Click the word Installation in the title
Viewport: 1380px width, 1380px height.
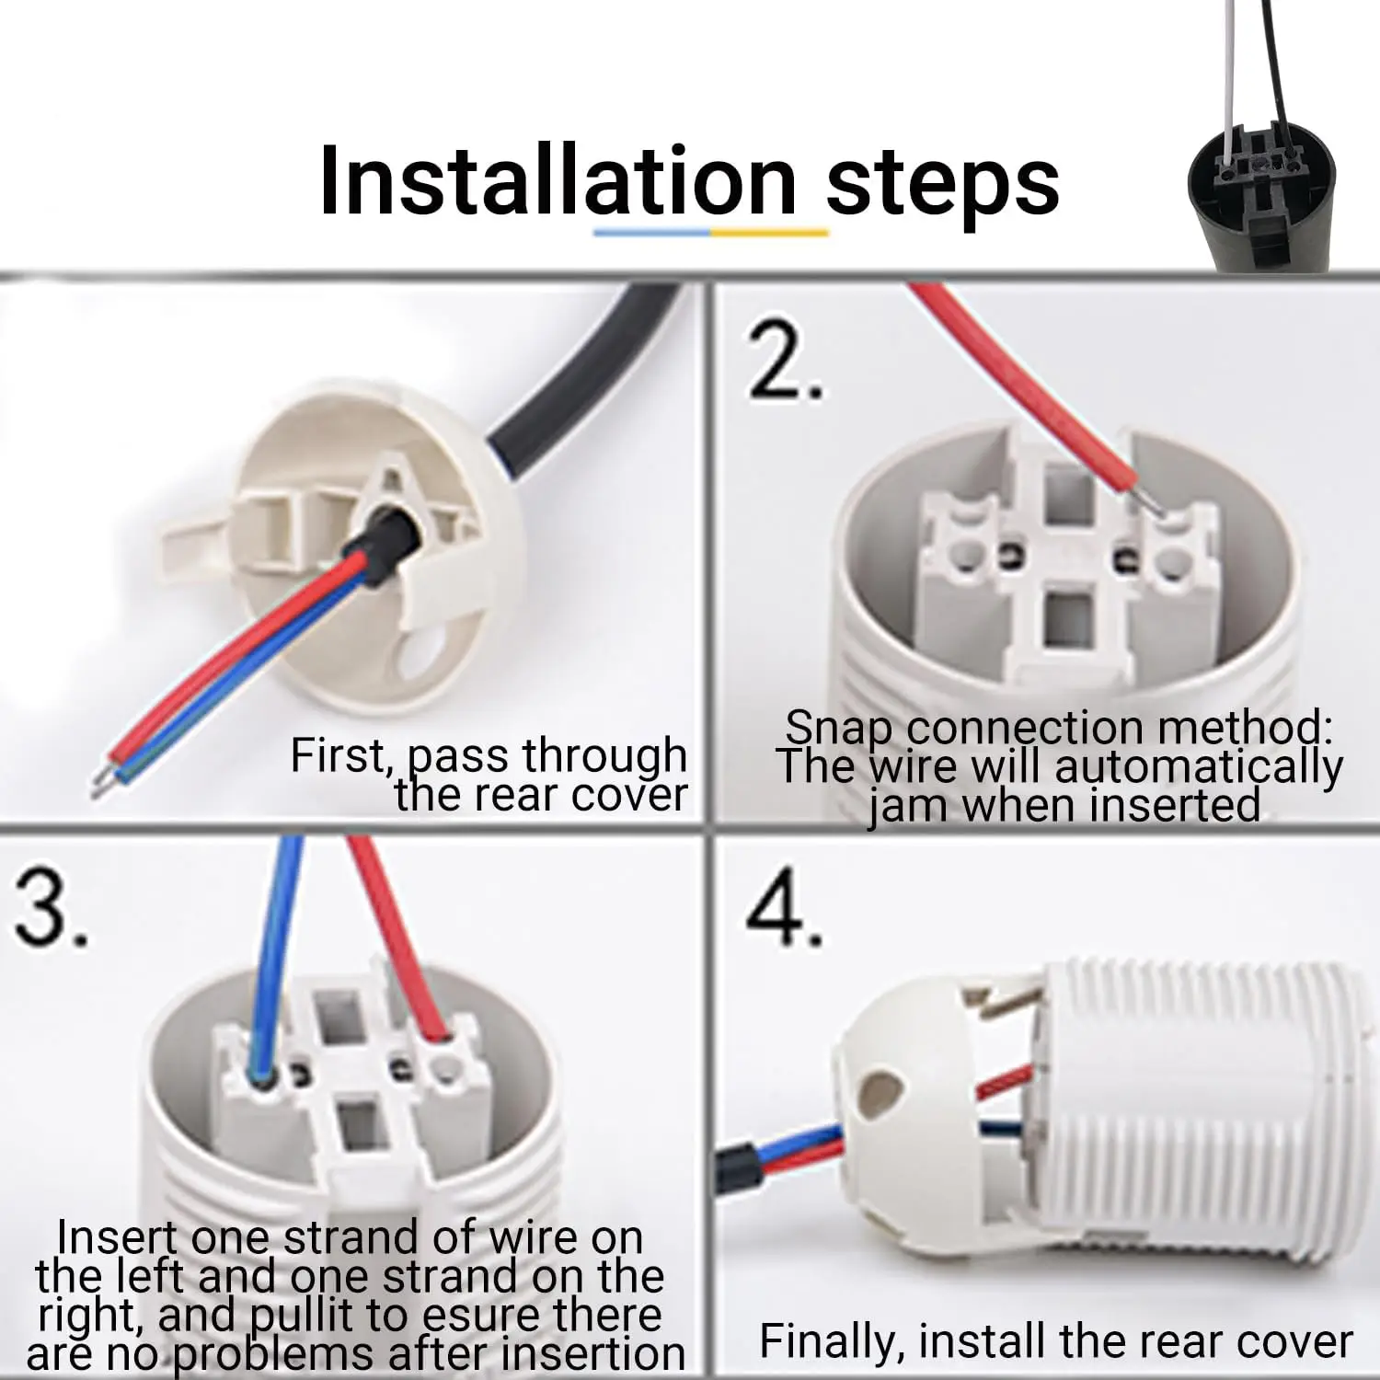pos(557,181)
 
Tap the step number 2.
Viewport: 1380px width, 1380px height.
pos(782,363)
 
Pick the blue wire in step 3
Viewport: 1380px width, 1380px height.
pos(276,957)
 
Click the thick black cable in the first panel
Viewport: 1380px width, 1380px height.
pos(589,368)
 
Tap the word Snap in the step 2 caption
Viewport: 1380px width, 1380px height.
pos(837,728)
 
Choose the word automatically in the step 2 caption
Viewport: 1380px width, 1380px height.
pos(1198,766)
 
